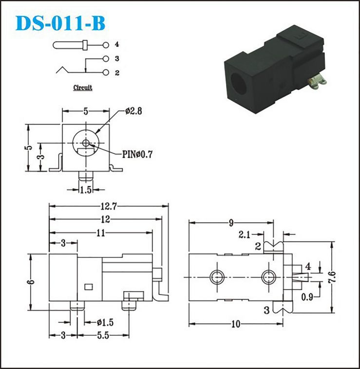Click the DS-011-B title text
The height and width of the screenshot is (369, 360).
tap(60, 23)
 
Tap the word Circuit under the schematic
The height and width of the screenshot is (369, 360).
tap(83, 88)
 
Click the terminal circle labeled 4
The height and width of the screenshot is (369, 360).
tap(106, 45)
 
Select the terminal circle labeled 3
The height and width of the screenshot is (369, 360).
tap(106, 58)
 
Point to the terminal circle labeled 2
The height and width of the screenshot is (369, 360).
tap(106, 73)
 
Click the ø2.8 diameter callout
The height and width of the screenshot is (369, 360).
tap(133, 111)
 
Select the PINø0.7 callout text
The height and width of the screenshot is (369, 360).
tap(137, 154)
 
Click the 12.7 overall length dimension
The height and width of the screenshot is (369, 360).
tap(109, 206)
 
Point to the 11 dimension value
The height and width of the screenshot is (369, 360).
tap(101, 233)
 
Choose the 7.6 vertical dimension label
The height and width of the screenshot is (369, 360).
tap(332, 277)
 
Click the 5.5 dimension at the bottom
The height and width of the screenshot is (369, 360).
tap(103, 335)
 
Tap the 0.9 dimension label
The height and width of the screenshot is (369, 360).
tap(307, 297)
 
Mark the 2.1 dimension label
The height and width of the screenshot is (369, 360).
tap(245, 235)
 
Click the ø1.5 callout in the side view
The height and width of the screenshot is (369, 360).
tap(105, 322)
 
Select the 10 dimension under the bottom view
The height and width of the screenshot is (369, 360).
tap(236, 324)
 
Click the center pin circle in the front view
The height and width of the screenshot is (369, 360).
tap(86, 143)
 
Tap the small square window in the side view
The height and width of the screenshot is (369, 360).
tap(89, 287)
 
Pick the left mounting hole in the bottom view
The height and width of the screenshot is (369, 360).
tap(217, 277)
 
